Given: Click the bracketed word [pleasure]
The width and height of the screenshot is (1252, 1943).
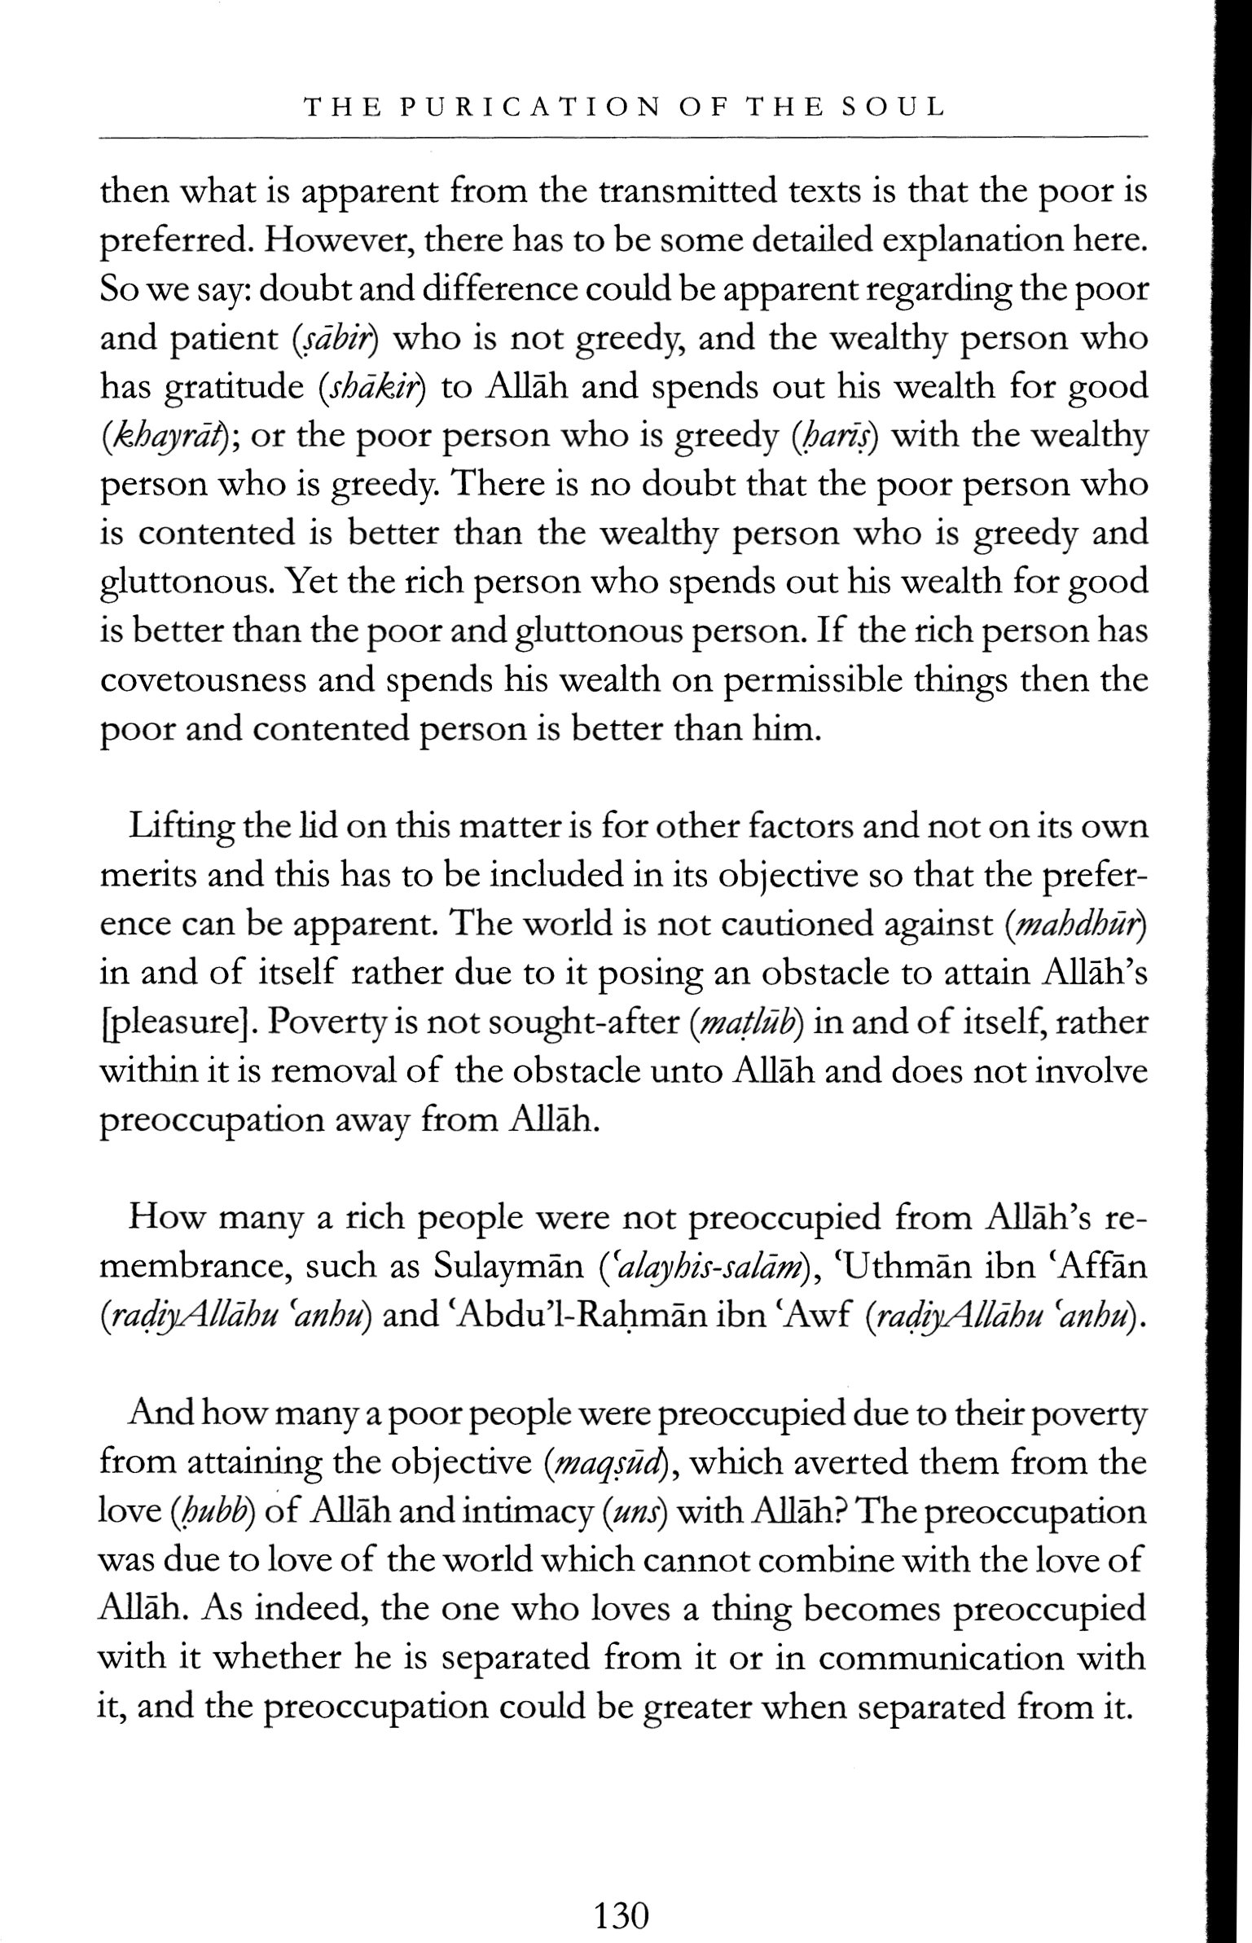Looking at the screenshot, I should tap(174, 1023).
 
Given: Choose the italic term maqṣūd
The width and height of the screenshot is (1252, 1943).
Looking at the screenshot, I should tap(603, 1464).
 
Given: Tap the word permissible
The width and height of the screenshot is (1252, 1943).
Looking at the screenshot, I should tap(826, 680).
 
